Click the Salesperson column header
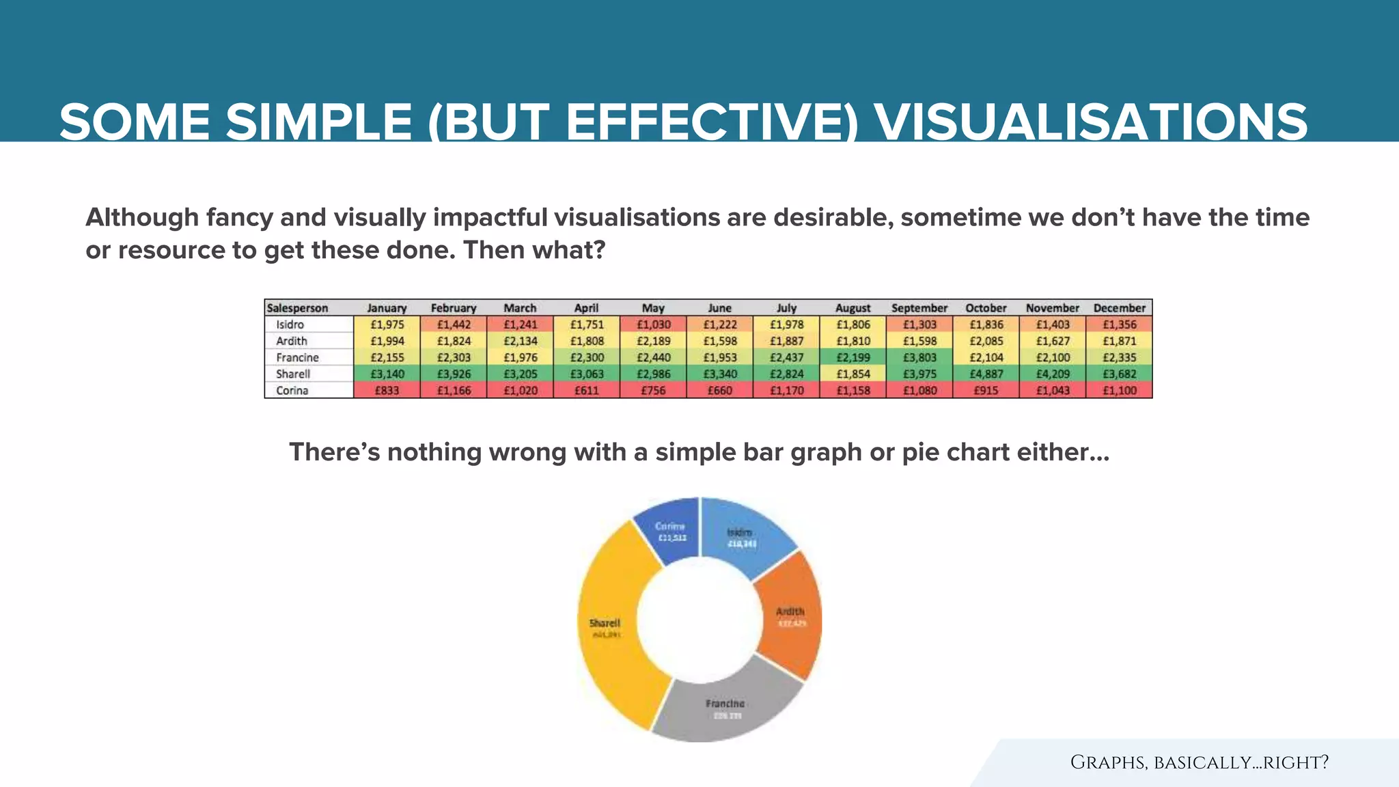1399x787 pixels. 297,308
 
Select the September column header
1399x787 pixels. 919,308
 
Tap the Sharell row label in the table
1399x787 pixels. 293,374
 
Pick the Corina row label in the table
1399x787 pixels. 292,391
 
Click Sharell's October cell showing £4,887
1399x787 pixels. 986,374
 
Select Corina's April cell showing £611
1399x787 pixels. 586,391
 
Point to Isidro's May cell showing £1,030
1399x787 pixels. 653,325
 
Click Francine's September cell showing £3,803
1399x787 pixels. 919,357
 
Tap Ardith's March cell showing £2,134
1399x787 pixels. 520,341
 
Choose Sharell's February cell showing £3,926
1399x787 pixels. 454,374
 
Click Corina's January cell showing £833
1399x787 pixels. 387,391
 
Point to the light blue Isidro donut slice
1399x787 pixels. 741,536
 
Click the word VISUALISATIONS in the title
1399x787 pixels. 1091,123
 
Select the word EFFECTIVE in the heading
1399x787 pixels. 710,123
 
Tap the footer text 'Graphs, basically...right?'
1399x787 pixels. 1199,762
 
